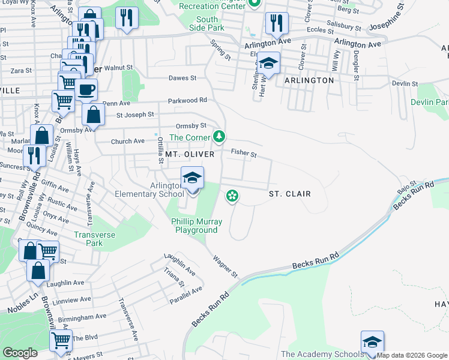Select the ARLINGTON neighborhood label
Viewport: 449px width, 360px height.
point(309,80)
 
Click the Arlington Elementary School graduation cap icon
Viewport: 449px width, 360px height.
point(192,178)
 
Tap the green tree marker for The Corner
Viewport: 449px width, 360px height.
point(220,137)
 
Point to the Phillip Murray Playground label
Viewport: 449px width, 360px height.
point(196,226)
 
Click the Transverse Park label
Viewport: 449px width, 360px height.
point(94,239)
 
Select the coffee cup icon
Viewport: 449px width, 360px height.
point(86,90)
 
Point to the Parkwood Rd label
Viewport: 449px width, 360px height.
point(187,100)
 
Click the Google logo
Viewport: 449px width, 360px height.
point(20,353)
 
